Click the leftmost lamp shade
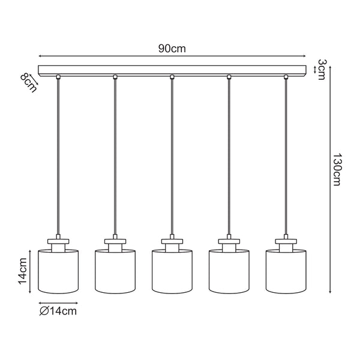[59, 272]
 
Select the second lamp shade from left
[115, 272]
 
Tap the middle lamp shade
[172, 272]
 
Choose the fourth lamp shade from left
[229, 272]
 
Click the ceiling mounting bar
[172, 70]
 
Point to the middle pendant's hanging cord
[172, 156]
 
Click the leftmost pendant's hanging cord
[58, 156]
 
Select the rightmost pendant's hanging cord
[286, 156]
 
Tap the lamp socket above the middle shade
[172, 243]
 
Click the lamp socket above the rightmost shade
[286, 243]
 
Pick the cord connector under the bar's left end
[58, 77]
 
